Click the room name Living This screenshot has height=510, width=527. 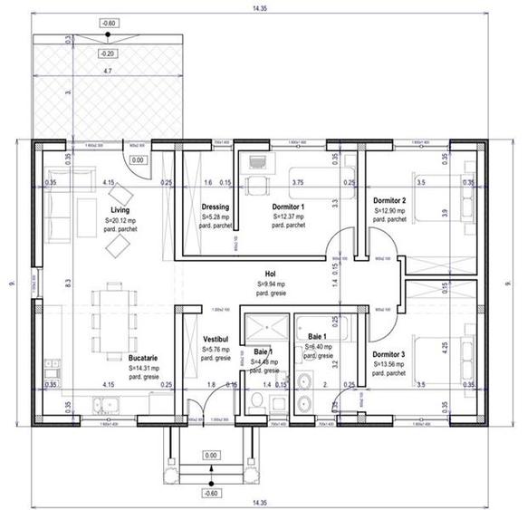tap(120, 210)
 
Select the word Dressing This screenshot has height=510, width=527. tap(216, 207)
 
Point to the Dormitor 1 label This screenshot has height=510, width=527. tap(288, 207)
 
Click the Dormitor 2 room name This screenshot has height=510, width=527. tap(389, 200)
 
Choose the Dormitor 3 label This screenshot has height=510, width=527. tap(389, 354)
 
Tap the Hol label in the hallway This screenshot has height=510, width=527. tap(270, 273)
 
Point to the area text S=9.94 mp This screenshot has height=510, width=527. tap(270, 283)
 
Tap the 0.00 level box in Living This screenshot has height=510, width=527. tap(137, 160)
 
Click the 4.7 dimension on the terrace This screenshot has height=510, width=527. tap(107, 70)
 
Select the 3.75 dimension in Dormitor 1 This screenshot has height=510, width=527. tap(298, 182)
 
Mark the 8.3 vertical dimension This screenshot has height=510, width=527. tap(68, 283)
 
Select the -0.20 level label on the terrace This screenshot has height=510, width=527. tap(109, 53)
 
